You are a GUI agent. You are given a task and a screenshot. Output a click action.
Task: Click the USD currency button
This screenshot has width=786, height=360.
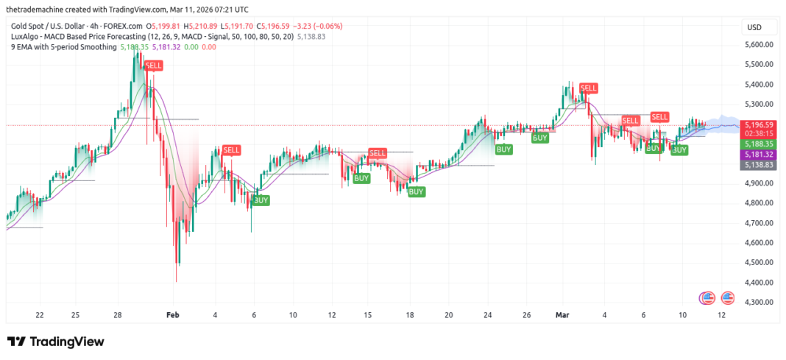pos(754,27)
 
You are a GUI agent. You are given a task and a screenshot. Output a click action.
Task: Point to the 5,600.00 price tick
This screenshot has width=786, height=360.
pos(758,44)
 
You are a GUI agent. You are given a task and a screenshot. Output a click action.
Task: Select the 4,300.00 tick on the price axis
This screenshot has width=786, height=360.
pos(758,302)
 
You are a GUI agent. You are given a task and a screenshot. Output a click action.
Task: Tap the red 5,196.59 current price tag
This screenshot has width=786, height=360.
pos(758,125)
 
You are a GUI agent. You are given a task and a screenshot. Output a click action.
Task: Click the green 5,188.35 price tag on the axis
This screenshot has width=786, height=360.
pos(758,144)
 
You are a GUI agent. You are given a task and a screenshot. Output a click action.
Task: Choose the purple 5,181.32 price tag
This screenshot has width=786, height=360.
pos(758,155)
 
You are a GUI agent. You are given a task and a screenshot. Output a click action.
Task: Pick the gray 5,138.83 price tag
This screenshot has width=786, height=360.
pos(758,165)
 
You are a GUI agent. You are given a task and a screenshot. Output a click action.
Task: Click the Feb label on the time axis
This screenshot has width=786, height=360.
pos(172,315)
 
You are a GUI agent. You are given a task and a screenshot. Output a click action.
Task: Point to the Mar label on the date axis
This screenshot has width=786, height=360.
pos(563,315)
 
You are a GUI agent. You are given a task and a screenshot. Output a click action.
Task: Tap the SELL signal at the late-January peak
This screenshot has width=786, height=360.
pos(154,66)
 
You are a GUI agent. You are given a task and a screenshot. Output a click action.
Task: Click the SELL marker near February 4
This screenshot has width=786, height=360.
pos(231,150)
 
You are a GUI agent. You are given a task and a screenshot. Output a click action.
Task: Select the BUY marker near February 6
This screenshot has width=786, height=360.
pos(261,200)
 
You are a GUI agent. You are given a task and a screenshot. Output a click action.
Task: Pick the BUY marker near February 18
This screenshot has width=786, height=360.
pos(416,191)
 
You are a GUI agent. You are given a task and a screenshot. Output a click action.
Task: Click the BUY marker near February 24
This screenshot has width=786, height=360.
pos(504,149)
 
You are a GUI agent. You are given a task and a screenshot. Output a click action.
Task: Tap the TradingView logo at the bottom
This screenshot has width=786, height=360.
pos(56,342)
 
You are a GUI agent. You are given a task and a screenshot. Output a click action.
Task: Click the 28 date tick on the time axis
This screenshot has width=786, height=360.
pos(117,315)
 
